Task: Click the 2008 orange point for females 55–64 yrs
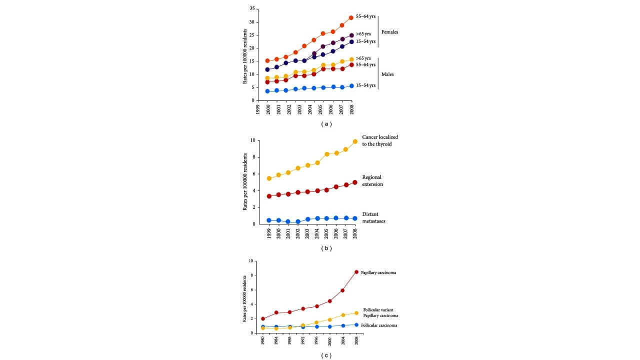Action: tap(351, 17)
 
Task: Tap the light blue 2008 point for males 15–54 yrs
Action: tap(351, 85)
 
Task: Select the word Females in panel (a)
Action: tap(389, 32)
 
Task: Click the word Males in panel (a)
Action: tap(387, 74)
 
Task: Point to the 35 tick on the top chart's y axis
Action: tap(252, 9)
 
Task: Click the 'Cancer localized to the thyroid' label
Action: tap(379, 140)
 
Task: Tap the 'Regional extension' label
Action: tap(372, 180)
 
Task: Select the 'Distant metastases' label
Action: tap(373, 217)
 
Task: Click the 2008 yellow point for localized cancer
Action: tap(355, 141)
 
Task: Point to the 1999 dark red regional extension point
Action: tap(269, 196)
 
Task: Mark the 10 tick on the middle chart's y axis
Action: tap(252, 140)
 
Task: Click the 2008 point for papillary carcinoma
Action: tap(356, 272)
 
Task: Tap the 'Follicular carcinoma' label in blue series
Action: tap(379, 325)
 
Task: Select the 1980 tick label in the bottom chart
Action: tap(263, 341)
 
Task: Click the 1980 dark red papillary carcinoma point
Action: tap(263, 318)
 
